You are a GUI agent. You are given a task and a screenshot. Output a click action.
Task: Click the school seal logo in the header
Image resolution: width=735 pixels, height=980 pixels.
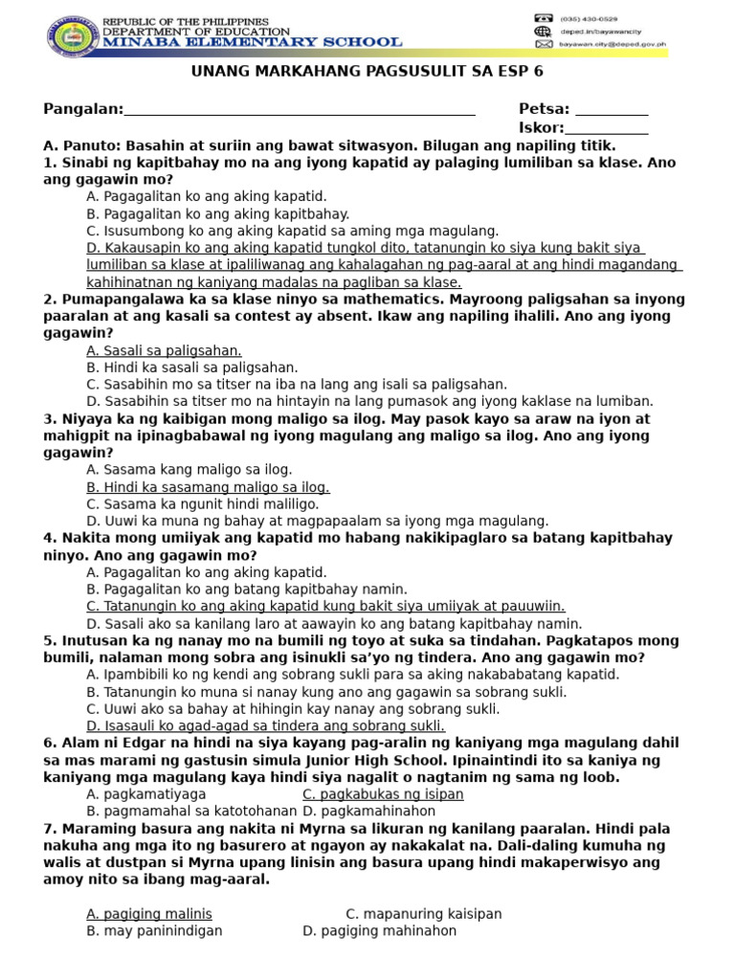point(70,36)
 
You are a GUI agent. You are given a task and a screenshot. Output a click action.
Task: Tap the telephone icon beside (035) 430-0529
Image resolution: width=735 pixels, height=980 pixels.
point(544,18)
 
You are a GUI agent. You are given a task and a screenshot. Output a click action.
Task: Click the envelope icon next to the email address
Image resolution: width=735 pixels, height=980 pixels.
point(544,44)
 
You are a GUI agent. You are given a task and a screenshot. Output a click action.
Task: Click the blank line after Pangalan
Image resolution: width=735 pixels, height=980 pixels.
point(300,110)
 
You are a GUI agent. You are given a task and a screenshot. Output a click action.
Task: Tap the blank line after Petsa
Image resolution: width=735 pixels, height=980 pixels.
point(611,110)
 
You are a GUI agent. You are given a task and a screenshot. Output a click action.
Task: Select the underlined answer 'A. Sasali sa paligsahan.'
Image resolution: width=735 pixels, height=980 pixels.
point(164,350)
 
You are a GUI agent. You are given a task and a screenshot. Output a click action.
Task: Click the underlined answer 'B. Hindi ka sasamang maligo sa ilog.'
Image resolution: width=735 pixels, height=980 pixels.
point(208,487)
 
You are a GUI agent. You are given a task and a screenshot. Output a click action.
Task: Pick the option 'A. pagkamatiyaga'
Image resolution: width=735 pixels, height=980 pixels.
point(145,794)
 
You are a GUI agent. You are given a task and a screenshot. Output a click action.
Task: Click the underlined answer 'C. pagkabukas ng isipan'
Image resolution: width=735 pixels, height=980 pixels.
point(383,794)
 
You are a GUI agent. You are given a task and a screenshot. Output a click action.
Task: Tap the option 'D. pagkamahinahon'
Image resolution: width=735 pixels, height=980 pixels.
point(368,812)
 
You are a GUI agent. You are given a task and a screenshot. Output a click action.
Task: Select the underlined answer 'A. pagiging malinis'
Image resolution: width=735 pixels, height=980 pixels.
point(149,914)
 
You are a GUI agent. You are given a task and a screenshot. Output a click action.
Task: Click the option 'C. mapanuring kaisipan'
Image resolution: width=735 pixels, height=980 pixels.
point(423,914)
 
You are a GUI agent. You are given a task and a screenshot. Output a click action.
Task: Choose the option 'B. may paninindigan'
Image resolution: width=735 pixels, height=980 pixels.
point(154,930)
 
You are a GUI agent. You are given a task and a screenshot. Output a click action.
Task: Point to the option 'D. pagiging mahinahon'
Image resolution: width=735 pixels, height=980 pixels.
point(379,930)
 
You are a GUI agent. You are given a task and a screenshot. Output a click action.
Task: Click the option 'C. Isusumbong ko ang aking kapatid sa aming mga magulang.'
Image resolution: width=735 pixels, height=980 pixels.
point(293,231)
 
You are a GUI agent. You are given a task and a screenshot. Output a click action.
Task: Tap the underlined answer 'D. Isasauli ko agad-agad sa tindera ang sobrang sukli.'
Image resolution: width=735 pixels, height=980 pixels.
point(266,726)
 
